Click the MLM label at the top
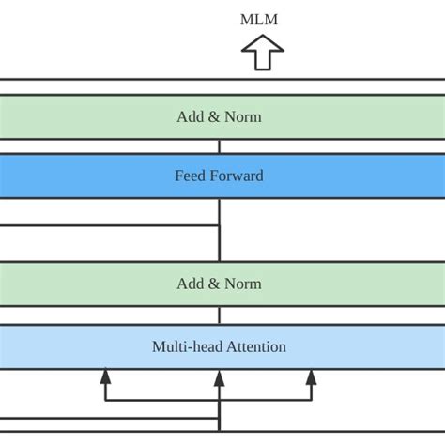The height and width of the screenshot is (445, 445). pyautogui.click(x=259, y=19)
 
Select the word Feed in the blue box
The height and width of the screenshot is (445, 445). pyautogui.click(x=191, y=176)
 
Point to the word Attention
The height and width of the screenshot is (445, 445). pyautogui.click(x=254, y=346)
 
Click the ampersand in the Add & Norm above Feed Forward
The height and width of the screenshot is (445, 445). pyautogui.click(x=215, y=117)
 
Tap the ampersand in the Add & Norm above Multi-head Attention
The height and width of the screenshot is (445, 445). pyautogui.click(x=215, y=284)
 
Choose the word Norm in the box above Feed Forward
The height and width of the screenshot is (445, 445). pyautogui.click(x=243, y=117)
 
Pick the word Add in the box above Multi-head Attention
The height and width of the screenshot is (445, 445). pyautogui.click(x=191, y=284)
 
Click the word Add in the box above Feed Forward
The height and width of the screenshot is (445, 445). pyautogui.click(x=191, y=117)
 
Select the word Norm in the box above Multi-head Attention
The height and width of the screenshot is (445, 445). pyautogui.click(x=243, y=284)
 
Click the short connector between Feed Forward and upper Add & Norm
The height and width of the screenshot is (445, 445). pyautogui.click(x=219, y=146)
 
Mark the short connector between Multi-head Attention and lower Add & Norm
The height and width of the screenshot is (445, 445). pyautogui.click(x=219, y=315)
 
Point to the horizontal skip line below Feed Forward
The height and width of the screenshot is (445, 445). pyautogui.click(x=108, y=225)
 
